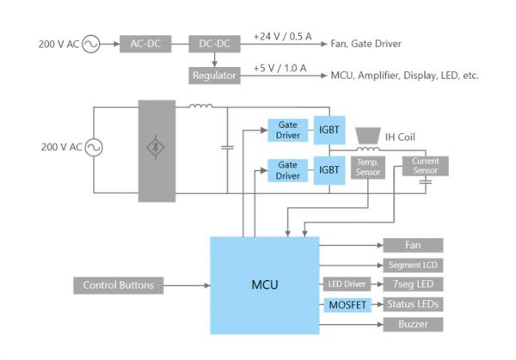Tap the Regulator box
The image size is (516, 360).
[x=212, y=76]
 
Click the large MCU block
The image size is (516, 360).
[x=264, y=284]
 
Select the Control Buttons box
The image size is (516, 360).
[x=118, y=285]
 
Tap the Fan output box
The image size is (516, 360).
[x=412, y=246]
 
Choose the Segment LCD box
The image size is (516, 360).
[x=412, y=265]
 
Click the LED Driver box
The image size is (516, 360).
[x=347, y=284]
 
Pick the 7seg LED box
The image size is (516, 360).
[x=412, y=284]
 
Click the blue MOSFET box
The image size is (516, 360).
[x=347, y=304]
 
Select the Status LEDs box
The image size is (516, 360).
[x=412, y=304]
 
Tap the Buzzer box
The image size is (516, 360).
[x=412, y=324]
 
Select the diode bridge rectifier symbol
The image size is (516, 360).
[x=156, y=147]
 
